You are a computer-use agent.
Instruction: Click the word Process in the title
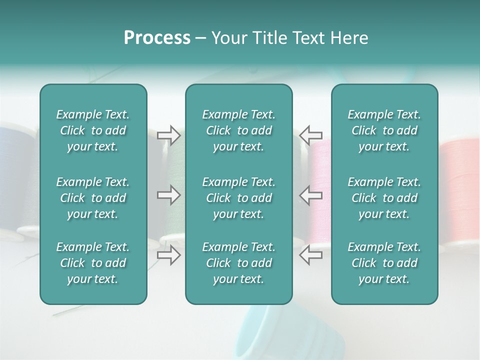pos(157,38)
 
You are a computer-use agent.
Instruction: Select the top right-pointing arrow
pos(168,135)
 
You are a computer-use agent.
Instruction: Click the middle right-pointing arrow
pos(168,195)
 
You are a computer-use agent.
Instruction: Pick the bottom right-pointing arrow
pos(168,255)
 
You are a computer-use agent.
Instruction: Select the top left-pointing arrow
pos(311,135)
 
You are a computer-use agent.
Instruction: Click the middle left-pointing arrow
pos(311,195)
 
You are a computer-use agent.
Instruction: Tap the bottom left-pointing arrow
pos(311,255)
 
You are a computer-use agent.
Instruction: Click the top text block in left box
pos(93,130)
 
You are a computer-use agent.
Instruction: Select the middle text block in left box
pos(93,198)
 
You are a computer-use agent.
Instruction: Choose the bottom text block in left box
pos(93,263)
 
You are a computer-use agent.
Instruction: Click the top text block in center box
pos(238,130)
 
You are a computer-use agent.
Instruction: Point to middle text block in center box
pos(238,198)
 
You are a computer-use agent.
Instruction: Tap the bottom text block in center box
pos(238,263)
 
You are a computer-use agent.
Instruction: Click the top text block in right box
pos(384,130)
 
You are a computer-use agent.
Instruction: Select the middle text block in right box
pos(384,198)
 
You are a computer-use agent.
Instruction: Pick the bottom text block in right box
pos(384,263)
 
